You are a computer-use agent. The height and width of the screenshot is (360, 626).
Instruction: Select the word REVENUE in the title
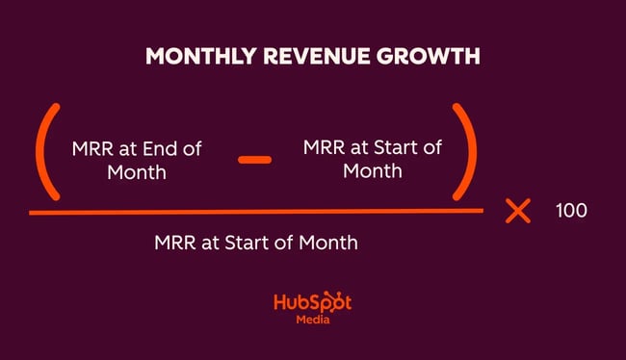pos(307,57)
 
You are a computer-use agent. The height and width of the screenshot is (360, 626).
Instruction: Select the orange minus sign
pos(254,158)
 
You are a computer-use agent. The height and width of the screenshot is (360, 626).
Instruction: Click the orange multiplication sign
pos(518,211)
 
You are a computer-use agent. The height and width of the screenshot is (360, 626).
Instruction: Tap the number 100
pos(571,211)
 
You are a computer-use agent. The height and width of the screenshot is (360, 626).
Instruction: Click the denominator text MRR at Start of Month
pos(255,242)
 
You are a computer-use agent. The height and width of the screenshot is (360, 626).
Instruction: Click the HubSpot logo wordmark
pos(312,301)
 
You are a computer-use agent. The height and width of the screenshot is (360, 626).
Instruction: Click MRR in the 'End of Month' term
pos(92,149)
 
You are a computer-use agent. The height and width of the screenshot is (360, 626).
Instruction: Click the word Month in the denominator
pos(326,242)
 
